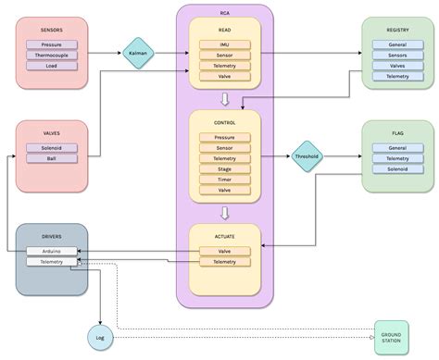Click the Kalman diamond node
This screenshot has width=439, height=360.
138,53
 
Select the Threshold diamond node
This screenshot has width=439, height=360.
306,156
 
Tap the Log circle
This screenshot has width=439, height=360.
99,338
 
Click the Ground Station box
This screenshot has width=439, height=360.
391,336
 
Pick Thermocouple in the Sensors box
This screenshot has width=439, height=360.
52,55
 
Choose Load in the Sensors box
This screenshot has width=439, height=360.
52,66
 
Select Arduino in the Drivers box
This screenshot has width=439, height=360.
52,251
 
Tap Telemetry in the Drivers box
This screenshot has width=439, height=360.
52,262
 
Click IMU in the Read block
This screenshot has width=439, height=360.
225,43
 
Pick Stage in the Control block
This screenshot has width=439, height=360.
225,169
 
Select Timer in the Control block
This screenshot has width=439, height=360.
225,180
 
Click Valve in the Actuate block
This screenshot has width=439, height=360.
225,251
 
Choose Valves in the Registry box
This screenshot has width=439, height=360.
397,66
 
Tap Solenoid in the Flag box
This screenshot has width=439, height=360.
397,169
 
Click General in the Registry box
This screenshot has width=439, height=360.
397,43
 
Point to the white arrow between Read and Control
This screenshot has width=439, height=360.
225,99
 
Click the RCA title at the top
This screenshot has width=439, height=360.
225,13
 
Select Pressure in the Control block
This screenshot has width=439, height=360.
225,137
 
